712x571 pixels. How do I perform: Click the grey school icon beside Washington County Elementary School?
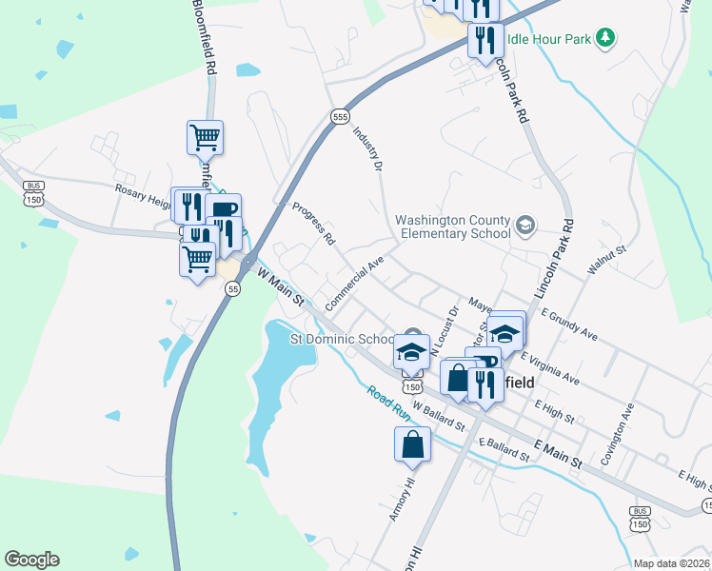coord(524,226)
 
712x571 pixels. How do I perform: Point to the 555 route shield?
coord(340,115)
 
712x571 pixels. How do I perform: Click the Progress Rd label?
coord(314,224)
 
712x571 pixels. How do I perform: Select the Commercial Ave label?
coord(353,282)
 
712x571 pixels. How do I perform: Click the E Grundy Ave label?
coord(568,325)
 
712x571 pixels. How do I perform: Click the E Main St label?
coord(558,453)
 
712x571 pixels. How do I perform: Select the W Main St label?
coord(280,285)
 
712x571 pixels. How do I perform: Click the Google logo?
coord(31,560)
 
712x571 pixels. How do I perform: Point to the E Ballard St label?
coord(504,449)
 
